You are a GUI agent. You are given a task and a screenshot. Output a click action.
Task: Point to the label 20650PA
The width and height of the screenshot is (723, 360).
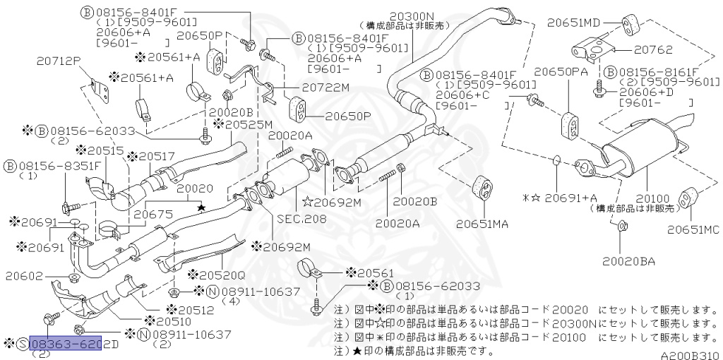pyautogui.click(x=561, y=72)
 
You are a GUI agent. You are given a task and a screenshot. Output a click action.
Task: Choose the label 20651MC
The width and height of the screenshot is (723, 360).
pyautogui.click(x=693, y=229)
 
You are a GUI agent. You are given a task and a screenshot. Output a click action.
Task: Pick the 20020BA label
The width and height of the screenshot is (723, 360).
pyautogui.click(x=628, y=261)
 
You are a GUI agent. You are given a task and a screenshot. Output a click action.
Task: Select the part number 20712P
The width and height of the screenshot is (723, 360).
pyautogui.click(x=61, y=61)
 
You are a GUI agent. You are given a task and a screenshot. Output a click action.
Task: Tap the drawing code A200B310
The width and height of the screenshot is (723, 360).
pyautogui.click(x=689, y=356)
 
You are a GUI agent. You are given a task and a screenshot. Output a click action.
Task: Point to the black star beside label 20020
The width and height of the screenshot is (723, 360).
pyautogui.click(x=201, y=208)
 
